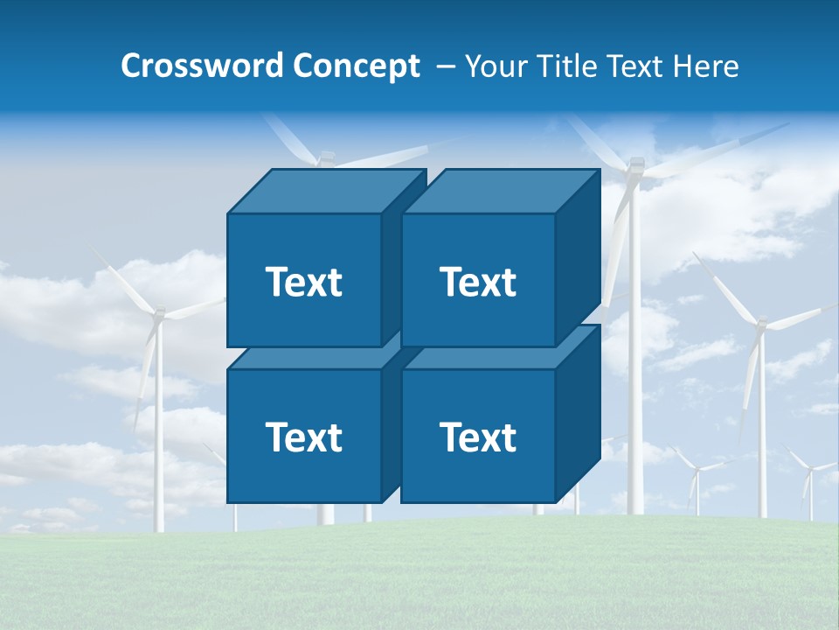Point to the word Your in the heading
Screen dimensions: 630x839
point(496,66)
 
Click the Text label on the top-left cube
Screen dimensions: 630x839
point(303,282)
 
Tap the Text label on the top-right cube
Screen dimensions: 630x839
point(478,282)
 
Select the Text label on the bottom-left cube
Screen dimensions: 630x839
point(303,437)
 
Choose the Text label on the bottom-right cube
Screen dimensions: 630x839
point(478,437)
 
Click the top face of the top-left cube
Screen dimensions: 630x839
point(327,191)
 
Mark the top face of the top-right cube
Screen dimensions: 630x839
point(501,191)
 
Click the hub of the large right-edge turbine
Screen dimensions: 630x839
point(760,325)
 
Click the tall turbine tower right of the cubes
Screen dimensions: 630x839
point(635,394)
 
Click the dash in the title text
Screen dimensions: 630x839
point(444,66)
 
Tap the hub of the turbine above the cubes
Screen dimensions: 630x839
point(326,158)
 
